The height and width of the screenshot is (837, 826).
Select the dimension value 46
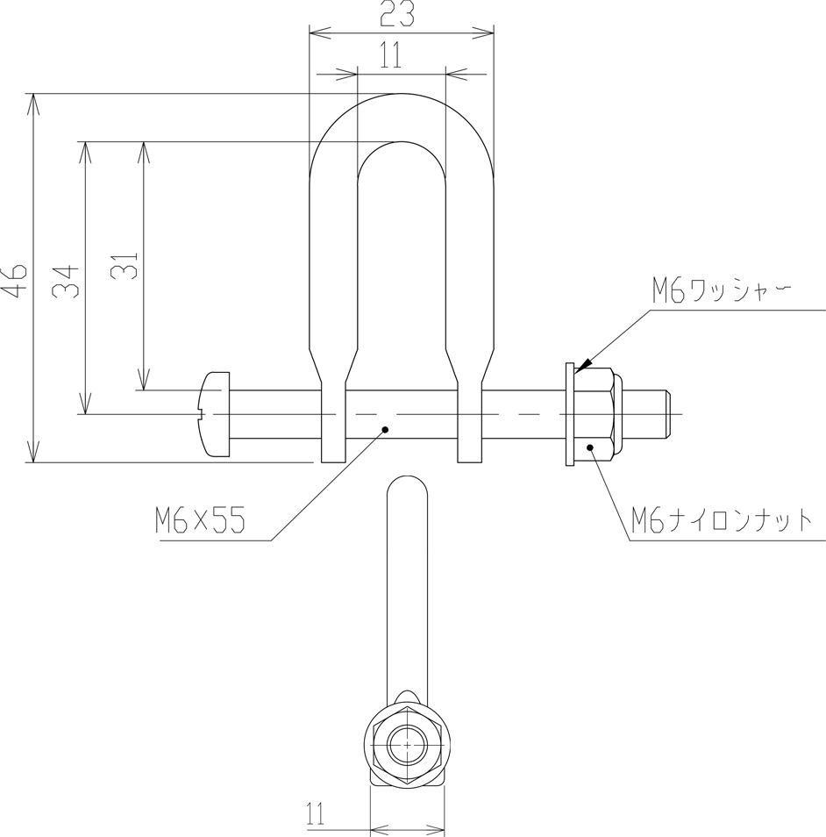point(14,280)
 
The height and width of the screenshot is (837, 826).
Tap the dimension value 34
point(67,282)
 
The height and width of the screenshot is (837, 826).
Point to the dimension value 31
point(125,265)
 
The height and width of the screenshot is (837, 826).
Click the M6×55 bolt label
point(201,520)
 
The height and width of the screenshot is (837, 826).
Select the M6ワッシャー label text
point(722,291)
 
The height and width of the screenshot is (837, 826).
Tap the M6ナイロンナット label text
point(722,520)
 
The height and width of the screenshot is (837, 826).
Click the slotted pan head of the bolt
point(214,414)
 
